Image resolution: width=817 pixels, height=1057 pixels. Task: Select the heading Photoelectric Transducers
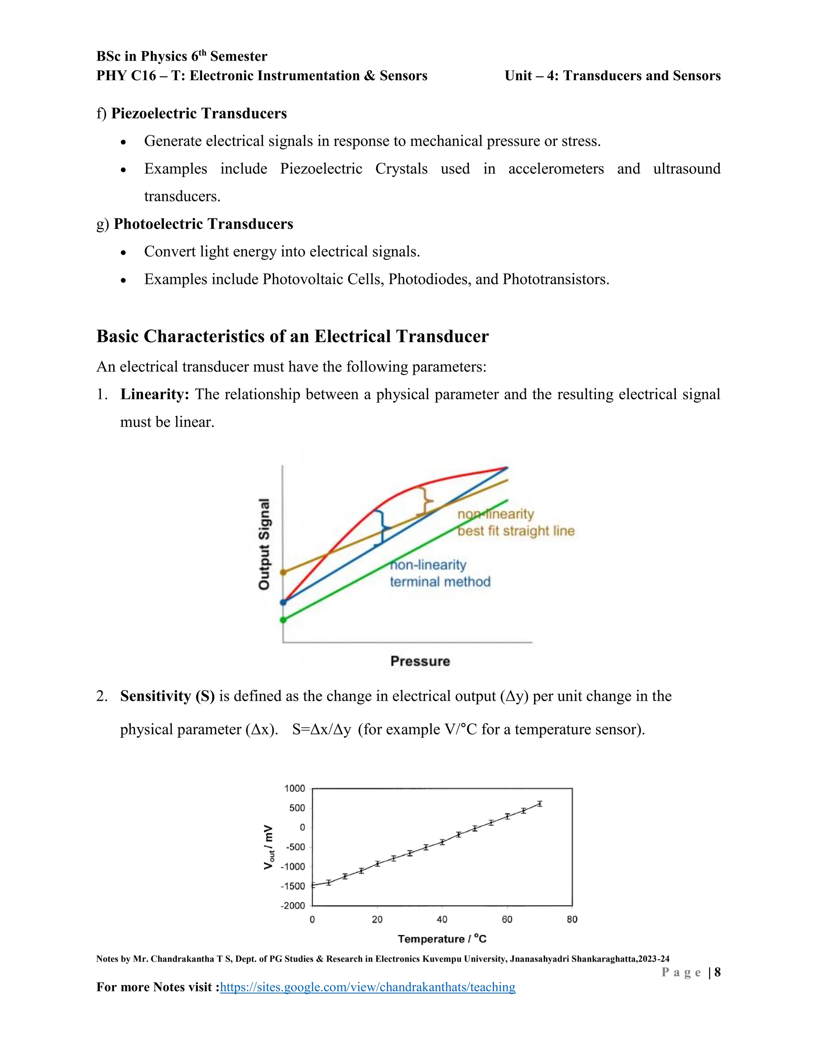coord(203,224)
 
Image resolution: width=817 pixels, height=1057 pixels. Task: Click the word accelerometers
coord(556,168)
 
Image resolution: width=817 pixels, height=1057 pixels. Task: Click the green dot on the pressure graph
coord(284,620)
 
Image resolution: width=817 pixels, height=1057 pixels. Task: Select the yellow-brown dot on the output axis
coord(284,572)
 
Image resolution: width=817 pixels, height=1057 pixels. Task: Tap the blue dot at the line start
coord(284,603)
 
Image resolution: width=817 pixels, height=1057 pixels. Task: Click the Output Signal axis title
coord(264,544)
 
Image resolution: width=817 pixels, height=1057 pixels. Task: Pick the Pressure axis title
coord(420,661)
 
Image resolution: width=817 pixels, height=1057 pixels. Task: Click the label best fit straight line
coord(516,531)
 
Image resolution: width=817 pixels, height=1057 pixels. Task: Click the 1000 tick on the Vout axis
coord(294,789)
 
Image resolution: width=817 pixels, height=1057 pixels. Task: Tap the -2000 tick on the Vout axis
coord(293,905)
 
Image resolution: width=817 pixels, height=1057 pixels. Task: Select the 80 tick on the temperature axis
coord(572,919)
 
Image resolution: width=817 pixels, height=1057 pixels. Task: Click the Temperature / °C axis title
coord(442,939)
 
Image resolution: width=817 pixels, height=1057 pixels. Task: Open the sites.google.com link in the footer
coord(368,987)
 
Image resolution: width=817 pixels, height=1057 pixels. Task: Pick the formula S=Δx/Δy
coord(322,730)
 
